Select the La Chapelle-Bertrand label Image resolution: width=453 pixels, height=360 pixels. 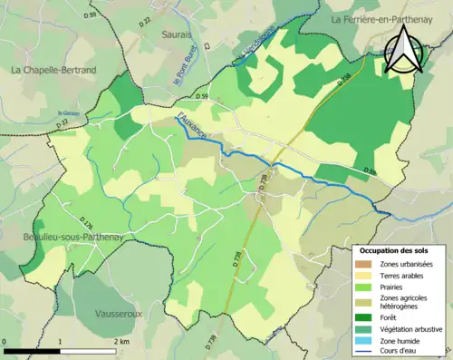(x=53, y=70)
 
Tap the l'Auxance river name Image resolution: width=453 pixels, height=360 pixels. (x=194, y=127)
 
